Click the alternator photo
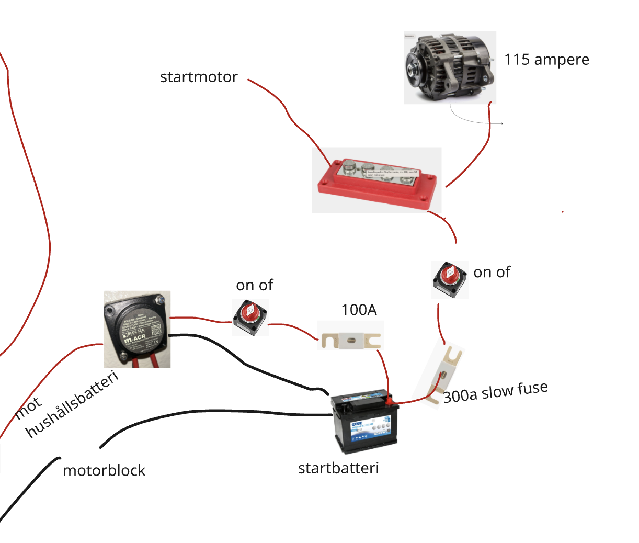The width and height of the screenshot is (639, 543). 450,67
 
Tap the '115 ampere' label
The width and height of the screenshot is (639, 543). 546,60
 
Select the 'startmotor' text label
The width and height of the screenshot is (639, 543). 199,77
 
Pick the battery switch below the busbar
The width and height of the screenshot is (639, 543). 450,280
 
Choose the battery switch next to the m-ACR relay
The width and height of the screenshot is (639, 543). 250,317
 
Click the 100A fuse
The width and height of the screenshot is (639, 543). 350,341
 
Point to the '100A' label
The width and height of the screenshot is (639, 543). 359,310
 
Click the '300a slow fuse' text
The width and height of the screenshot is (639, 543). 495,392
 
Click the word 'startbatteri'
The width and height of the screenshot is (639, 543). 338,468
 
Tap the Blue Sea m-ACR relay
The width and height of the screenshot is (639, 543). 137,330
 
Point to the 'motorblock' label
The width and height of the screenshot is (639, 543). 104,470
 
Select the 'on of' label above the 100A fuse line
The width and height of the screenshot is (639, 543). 255,285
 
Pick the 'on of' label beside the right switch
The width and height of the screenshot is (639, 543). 492,272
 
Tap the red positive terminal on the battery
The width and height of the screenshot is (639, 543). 390,400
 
